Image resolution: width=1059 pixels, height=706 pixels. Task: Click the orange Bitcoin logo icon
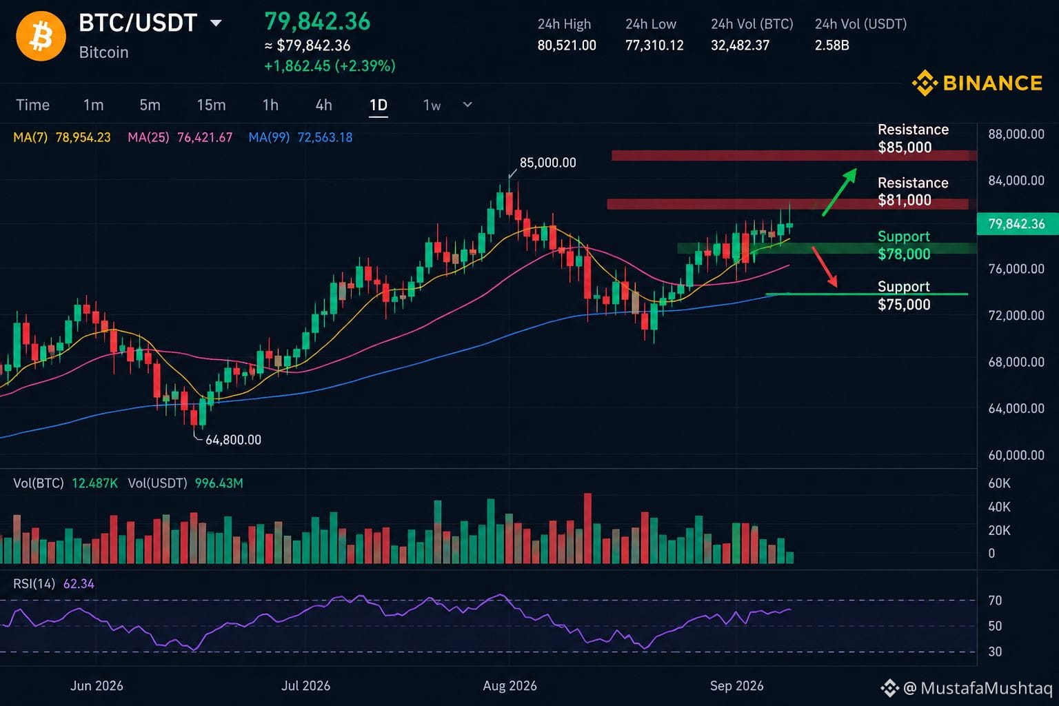pos(41,36)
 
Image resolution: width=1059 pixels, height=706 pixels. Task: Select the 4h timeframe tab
pos(323,105)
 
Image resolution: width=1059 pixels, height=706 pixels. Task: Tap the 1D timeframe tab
pos(379,105)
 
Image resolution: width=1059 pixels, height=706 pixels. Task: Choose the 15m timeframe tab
pos(212,105)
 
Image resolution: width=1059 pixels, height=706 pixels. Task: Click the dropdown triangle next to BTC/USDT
pos(216,23)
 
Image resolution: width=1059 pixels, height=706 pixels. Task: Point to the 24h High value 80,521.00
pos(566,46)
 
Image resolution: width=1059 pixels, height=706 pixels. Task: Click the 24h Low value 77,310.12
pos(654,46)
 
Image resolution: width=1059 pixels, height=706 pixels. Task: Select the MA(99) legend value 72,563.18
pos(325,137)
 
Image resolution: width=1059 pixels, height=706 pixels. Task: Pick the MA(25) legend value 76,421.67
pos(205,137)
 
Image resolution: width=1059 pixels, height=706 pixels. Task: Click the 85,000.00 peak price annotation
pos(547,163)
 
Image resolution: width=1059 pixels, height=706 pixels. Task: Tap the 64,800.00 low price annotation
pos(233,440)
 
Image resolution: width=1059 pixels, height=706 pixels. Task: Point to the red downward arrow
pos(825,267)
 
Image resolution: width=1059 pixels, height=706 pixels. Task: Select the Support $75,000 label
pos(904,295)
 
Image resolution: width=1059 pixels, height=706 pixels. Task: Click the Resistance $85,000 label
pos(913,138)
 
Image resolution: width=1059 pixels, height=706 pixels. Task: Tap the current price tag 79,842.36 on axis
pos(1017,223)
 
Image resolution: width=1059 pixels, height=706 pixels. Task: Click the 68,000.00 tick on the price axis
pos(1016,362)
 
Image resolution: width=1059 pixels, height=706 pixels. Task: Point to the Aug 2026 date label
pos(510,686)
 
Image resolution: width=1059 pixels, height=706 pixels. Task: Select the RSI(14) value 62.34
pos(79,584)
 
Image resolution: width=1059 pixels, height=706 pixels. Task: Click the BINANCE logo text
pos(992,83)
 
